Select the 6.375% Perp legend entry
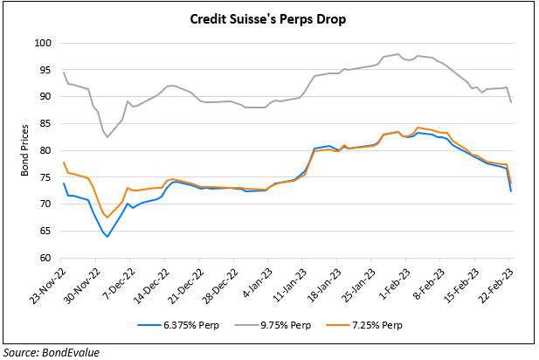179,325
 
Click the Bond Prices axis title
24,151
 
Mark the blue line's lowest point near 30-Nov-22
107,236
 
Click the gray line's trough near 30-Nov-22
107,136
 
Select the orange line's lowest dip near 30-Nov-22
107,217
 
